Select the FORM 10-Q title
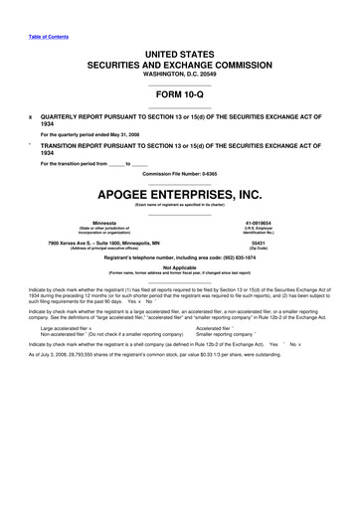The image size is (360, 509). pyautogui.click(x=179, y=95)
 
